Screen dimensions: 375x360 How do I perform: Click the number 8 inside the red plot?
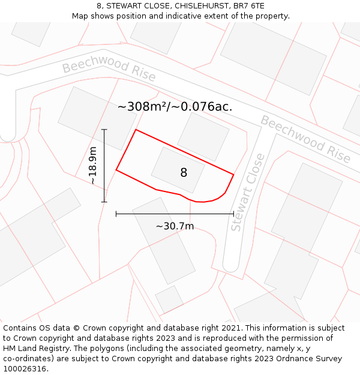pyautogui.click(x=184, y=173)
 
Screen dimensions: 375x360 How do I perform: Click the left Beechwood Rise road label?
pyautogui.click(x=109, y=70)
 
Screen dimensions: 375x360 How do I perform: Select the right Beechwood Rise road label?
pyautogui.click(x=305, y=139)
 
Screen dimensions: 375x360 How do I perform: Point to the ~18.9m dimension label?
pyautogui.click(x=93, y=165)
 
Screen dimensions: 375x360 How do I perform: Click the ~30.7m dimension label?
pyautogui.click(x=175, y=226)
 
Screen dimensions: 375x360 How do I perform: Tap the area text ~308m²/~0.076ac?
pyautogui.click(x=175, y=107)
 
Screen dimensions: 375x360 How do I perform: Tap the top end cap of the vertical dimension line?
pyautogui.click(x=104, y=129)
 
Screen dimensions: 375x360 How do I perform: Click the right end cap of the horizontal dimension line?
pyautogui.click(x=233, y=213)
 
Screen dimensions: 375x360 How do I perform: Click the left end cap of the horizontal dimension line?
pyautogui.click(x=116, y=213)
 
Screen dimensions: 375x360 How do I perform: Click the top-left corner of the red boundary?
pyautogui.click(x=136, y=130)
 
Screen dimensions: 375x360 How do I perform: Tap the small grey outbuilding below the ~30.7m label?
pyautogui.click(x=169, y=299)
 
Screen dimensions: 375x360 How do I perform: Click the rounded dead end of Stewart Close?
pyautogui.click(x=231, y=264)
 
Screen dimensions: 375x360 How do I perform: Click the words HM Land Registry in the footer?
pyautogui.click(x=32, y=349)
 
